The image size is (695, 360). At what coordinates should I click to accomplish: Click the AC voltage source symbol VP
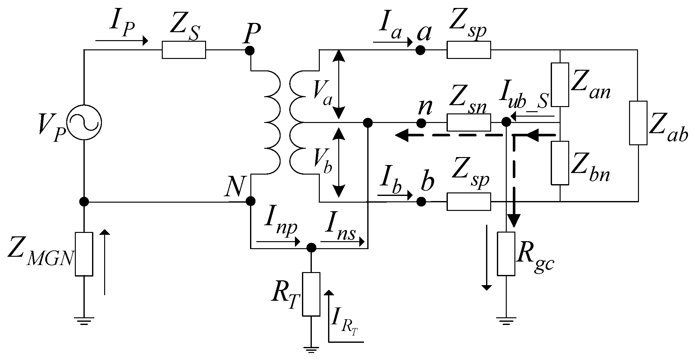click(x=84, y=122)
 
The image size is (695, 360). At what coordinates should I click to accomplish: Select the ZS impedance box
click(x=184, y=50)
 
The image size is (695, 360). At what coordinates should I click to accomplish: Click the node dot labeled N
click(x=251, y=201)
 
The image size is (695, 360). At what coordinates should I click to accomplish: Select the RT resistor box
click(x=311, y=294)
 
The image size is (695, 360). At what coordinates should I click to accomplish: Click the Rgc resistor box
click(x=506, y=254)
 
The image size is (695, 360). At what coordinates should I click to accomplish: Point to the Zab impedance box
click(x=638, y=123)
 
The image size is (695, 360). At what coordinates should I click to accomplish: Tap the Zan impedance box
click(x=560, y=85)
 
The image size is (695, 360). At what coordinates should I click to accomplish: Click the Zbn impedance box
click(x=560, y=163)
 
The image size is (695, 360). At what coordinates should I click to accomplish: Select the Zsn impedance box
click(x=469, y=122)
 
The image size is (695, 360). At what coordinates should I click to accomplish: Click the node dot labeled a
click(x=421, y=50)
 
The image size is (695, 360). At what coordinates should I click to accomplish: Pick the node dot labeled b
click(x=421, y=201)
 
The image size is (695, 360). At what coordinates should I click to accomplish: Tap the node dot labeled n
click(x=421, y=122)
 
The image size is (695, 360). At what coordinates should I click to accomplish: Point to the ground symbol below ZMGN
click(x=84, y=320)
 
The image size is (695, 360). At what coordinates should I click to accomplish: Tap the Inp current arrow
click(x=278, y=242)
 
